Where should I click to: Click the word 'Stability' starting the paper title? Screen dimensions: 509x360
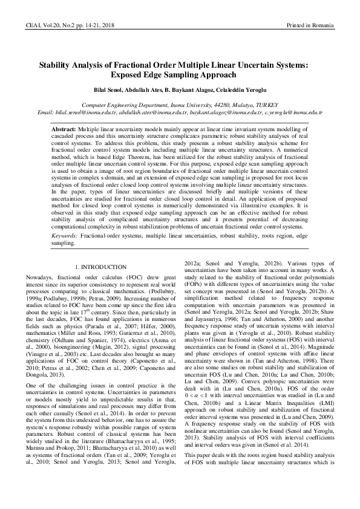click(56, 65)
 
